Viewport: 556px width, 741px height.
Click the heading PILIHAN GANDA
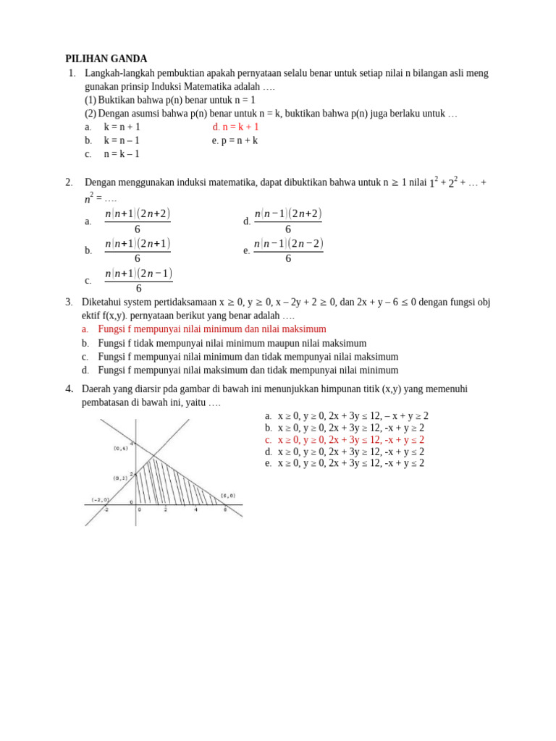click(106, 59)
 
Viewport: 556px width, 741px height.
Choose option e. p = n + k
click(235, 140)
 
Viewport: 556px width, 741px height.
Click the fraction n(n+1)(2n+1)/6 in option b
click(138, 250)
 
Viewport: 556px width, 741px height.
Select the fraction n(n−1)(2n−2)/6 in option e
click(288, 250)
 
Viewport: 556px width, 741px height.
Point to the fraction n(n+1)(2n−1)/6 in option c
click(138, 280)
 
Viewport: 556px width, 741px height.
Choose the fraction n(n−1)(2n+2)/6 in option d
click(288, 221)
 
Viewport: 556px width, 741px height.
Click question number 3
click(69, 302)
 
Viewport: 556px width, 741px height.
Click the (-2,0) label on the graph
click(101, 499)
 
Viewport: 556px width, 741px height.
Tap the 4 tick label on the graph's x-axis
click(195, 510)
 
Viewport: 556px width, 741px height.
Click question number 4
click(69, 389)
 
